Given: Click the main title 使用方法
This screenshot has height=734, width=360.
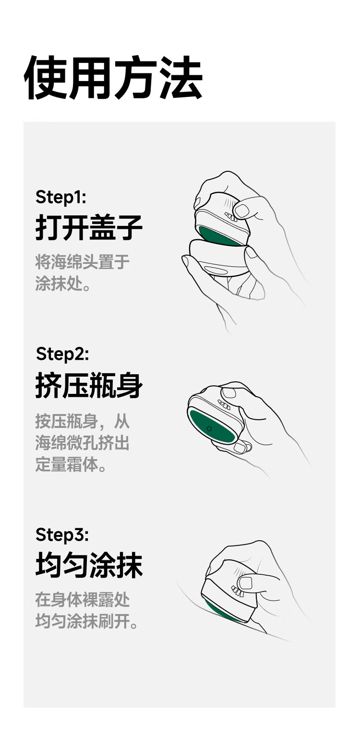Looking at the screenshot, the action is [x=113, y=78].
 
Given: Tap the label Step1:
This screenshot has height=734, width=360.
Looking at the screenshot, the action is [x=61, y=197].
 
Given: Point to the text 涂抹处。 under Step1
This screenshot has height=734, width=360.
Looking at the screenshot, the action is [x=63, y=283].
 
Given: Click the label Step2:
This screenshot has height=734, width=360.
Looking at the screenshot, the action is [x=62, y=354].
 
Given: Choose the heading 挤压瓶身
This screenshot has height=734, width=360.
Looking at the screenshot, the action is [x=89, y=385].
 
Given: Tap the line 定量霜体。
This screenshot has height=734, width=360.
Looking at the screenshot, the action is [x=71, y=464].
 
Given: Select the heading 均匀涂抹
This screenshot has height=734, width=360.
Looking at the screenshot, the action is [x=89, y=565].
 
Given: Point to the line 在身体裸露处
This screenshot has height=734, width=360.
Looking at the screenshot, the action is [x=83, y=599].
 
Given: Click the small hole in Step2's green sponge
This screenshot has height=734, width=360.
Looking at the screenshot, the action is [x=209, y=428].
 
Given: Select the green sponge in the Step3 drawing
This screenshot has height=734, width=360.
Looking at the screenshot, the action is [x=223, y=610].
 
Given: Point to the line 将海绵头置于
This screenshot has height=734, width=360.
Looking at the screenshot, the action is [x=83, y=261].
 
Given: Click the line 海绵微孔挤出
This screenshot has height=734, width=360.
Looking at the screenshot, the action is [x=83, y=443].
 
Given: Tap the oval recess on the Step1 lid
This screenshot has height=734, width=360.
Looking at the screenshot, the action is [x=216, y=270].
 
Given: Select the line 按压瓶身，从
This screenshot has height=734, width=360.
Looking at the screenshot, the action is [x=83, y=421].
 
